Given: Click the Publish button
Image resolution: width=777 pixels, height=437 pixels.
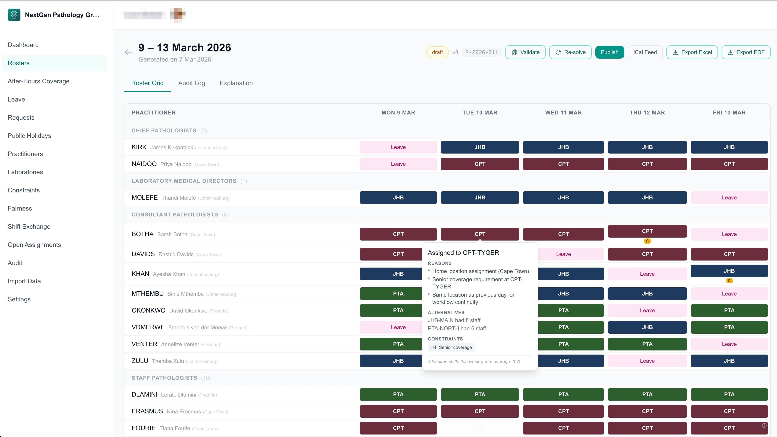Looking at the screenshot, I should tap(609, 52).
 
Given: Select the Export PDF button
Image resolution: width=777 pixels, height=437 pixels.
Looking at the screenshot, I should tap(746, 52).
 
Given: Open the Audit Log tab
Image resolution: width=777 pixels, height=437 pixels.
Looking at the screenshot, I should tap(192, 83).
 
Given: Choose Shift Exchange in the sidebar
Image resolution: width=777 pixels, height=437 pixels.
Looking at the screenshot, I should tap(29, 227).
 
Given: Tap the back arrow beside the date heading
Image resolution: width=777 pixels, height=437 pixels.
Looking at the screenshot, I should tap(129, 52).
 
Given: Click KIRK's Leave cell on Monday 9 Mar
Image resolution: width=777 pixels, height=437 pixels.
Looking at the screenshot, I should tap(398, 147).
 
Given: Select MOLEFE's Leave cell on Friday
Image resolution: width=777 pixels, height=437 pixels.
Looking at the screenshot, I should tap(729, 198).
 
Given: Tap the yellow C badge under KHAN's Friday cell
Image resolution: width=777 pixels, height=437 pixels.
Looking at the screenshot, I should tap(729, 281).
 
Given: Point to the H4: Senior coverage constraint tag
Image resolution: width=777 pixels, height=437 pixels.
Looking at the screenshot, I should tap(451, 347).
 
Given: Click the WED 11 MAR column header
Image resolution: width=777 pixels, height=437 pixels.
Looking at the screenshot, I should tap(563, 113).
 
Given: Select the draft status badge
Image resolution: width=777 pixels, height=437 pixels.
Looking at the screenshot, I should tap(437, 52).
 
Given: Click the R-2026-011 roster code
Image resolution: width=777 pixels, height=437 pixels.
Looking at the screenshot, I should tap(481, 52).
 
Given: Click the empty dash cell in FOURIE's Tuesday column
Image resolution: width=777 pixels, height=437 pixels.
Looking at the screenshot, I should tap(480, 428).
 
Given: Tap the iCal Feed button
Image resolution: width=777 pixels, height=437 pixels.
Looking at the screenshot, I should tap(645, 52).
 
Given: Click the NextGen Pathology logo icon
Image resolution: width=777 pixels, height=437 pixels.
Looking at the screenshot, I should tap(14, 15).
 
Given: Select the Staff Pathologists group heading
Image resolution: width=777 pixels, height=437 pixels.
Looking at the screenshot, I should tap(164, 378).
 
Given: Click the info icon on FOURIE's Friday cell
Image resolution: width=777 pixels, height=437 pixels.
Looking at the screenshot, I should tap(764, 426).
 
